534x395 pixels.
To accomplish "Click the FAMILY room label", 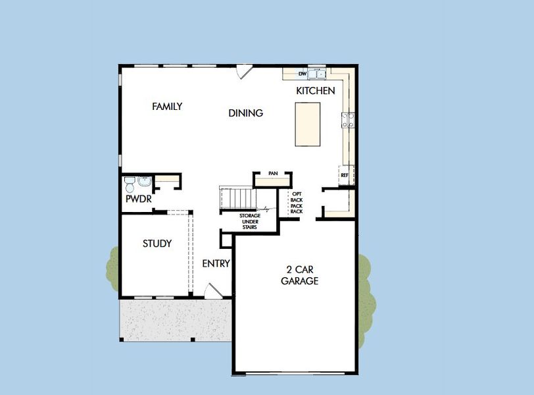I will [x=167, y=106].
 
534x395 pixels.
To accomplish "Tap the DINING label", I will [x=245, y=113].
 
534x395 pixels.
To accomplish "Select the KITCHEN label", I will [x=315, y=91].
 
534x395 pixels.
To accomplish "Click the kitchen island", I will [x=307, y=124].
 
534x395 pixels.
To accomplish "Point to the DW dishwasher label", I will [x=302, y=74].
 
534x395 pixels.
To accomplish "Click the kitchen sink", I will [x=317, y=73].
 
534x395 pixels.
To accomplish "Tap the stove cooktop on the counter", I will [x=348, y=120].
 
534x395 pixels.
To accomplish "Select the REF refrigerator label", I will [x=345, y=175].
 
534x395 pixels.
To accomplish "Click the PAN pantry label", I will [x=273, y=173].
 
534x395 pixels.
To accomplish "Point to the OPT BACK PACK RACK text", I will [x=297, y=203].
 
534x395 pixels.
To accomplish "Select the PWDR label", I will [x=136, y=198].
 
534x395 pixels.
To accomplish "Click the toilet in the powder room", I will [x=130, y=181].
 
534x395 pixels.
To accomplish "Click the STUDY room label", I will [x=157, y=244].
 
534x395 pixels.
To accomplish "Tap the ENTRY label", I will [x=216, y=264].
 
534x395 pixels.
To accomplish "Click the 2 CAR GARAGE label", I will [x=300, y=275].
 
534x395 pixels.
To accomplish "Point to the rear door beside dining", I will [x=244, y=70].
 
